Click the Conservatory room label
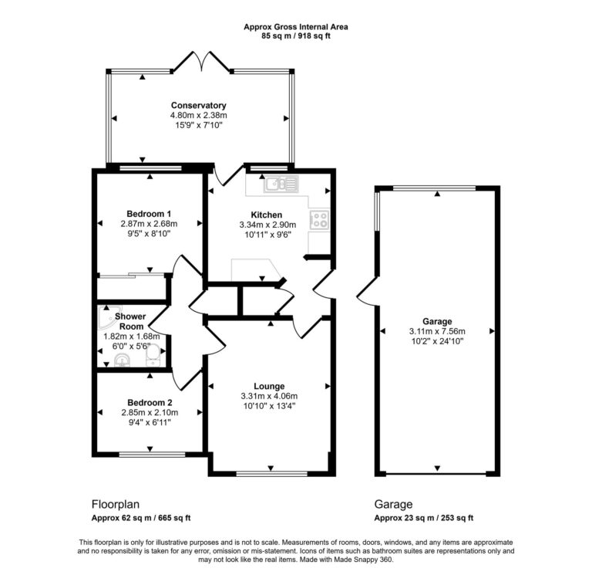click(x=198, y=105)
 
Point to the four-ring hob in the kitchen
click(x=320, y=219)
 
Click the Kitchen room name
click(x=266, y=215)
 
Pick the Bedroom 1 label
click(x=150, y=214)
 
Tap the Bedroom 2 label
click(x=150, y=402)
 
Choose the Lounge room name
click(x=269, y=386)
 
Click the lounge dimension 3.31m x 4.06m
click(x=269, y=397)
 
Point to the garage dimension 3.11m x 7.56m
click(x=436, y=331)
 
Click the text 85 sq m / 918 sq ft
click(x=295, y=36)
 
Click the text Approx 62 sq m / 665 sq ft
click(x=141, y=518)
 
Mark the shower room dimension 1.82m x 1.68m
click(x=131, y=337)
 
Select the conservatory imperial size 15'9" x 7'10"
click(x=198, y=126)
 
